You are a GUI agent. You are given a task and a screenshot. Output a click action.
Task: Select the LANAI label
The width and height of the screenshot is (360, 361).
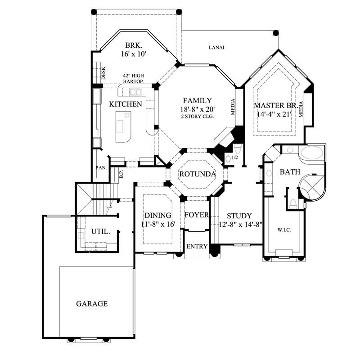coord(216,47)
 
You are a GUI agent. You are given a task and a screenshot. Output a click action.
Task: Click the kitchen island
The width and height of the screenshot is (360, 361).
coord(122,126)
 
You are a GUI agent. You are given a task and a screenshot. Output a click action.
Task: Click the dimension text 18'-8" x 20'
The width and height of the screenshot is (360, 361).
coord(197,108)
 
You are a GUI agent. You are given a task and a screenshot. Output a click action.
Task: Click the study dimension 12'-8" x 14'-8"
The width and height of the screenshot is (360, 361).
coord(240,223)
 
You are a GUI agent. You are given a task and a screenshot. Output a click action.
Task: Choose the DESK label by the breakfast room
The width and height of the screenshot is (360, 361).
coord(103,73)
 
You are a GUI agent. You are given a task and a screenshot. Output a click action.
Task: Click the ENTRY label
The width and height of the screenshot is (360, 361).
coord(197,246)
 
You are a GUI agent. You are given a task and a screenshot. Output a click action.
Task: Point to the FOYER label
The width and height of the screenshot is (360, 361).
coord(197,215)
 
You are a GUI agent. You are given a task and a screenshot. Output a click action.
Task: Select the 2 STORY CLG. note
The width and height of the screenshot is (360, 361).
coord(197,116)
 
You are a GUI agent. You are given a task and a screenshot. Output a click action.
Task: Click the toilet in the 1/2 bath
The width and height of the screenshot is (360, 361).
coord(238,149)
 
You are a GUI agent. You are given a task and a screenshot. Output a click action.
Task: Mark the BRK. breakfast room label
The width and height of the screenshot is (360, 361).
coord(134,45)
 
